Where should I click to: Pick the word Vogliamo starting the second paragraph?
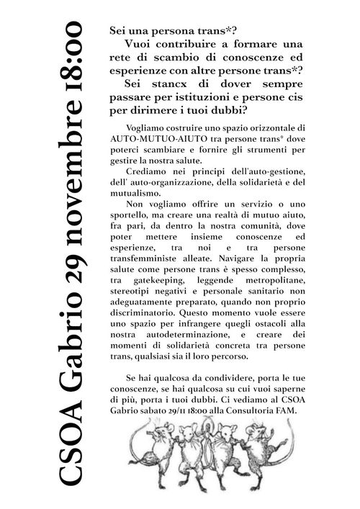(146, 127)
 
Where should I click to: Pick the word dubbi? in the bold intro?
(228, 109)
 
